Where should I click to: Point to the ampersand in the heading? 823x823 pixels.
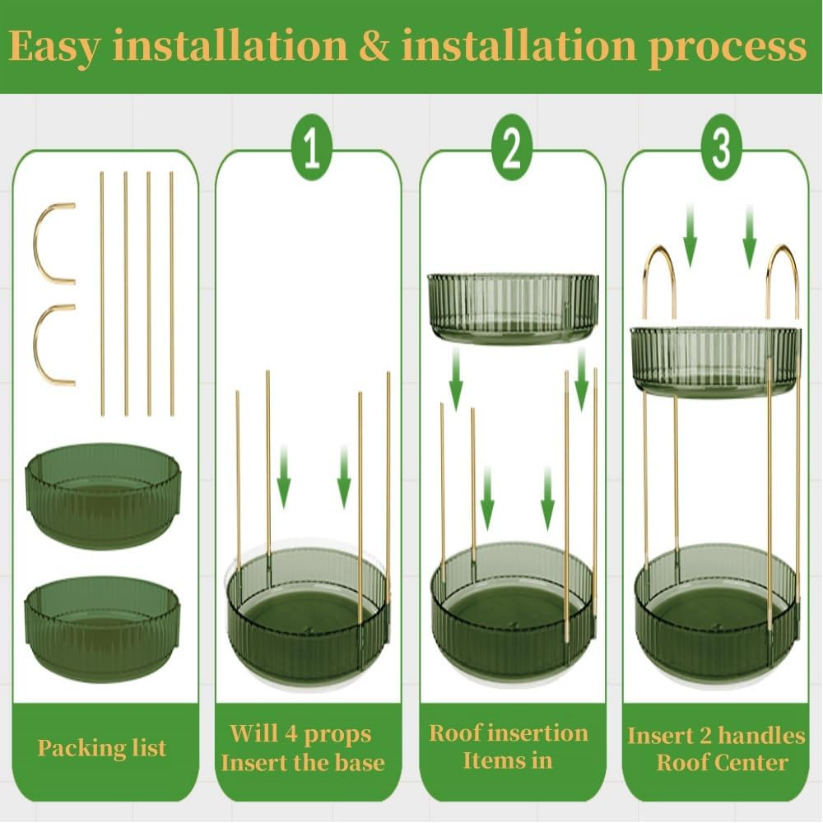[374, 47]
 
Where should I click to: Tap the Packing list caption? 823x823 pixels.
[102, 748]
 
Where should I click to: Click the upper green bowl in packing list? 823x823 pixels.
[103, 494]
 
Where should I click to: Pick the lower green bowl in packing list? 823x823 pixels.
[103, 627]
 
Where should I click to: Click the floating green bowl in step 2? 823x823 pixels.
[513, 308]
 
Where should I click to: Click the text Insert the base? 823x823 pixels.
[302, 762]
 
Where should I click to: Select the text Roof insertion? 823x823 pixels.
[509, 733]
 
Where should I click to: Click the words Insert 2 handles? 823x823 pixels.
[716, 735]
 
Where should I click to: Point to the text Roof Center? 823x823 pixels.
[722, 762]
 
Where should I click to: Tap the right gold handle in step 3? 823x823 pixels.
[782, 272]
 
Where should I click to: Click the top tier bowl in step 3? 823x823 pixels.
[714, 362]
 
